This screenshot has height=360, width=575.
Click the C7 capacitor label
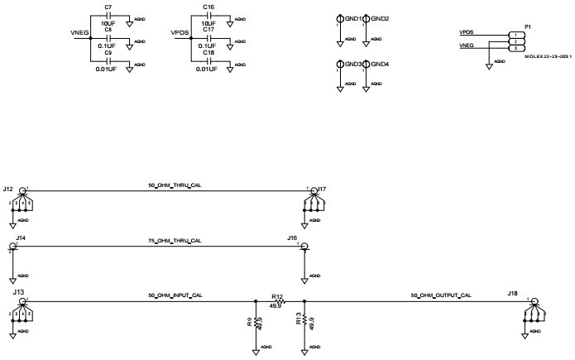tap(108, 7)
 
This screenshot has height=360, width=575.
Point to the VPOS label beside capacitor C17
tap(180, 34)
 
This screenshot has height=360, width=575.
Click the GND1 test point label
tap(353, 18)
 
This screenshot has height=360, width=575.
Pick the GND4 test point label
tap(381, 64)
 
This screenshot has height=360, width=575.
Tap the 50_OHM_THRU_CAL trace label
tap(175, 185)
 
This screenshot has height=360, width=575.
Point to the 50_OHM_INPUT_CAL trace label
tap(175, 295)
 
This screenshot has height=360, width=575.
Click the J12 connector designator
tap(7, 190)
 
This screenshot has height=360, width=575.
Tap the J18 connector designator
tap(513, 293)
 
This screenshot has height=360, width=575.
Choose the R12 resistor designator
tap(277, 295)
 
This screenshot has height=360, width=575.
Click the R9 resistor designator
tap(249, 323)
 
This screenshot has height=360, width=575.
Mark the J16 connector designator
tap(292, 238)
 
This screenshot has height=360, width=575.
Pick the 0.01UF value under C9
tap(108, 69)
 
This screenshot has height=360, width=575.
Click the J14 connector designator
tap(21, 238)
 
